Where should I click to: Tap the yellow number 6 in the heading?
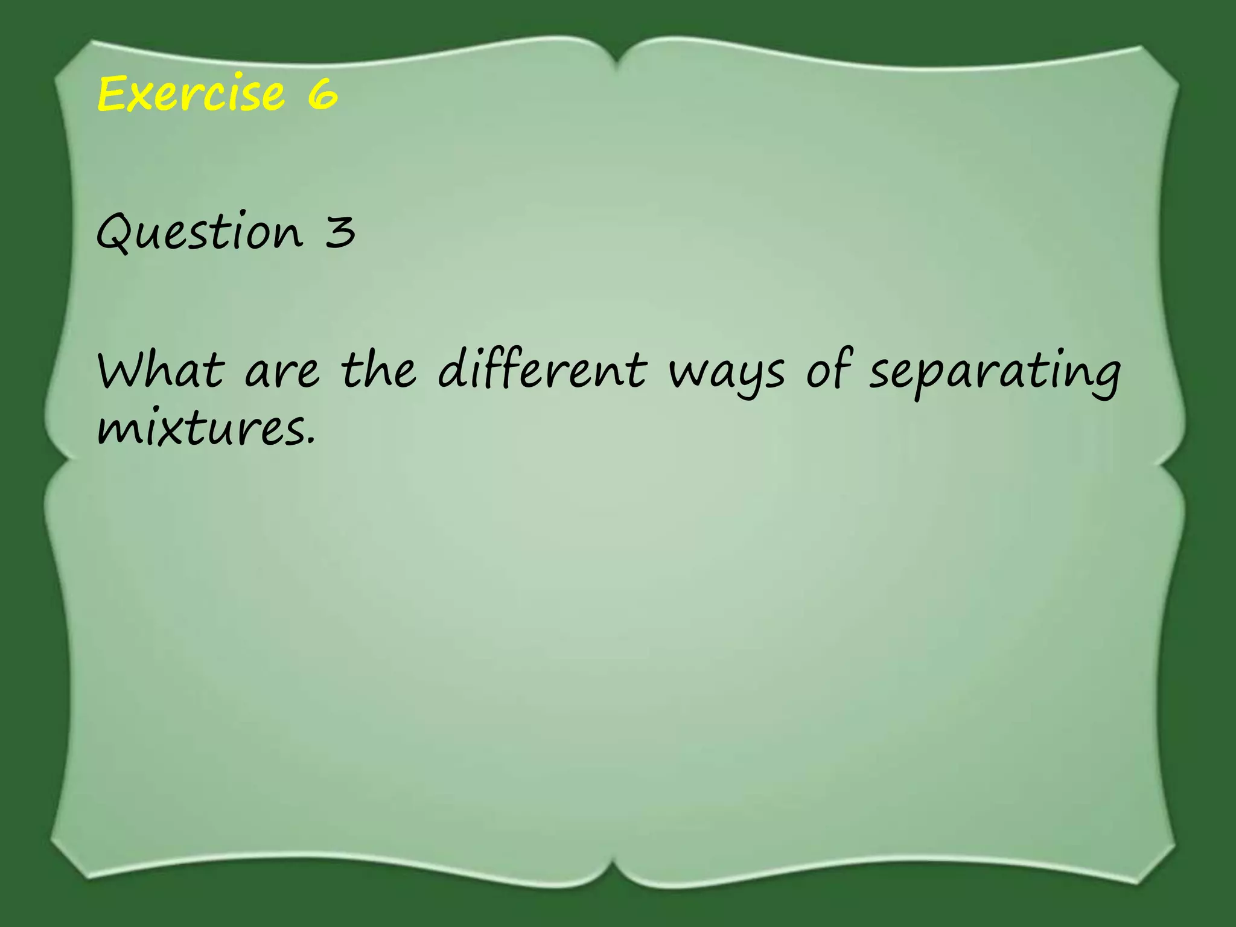click(322, 95)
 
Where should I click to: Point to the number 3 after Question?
click(340, 232)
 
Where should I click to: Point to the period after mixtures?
click(311, 444)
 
